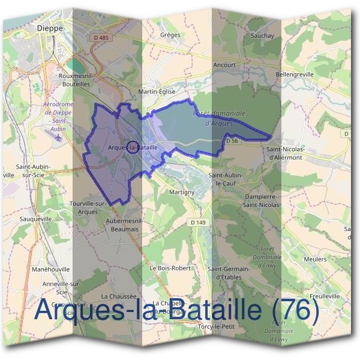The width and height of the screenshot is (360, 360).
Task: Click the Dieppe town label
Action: tap(49, 28)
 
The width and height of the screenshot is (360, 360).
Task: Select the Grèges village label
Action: tap(170, 35)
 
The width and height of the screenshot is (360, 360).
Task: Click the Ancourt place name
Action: tap(224, 65)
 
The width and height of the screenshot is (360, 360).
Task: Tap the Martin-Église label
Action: tap(156, 92)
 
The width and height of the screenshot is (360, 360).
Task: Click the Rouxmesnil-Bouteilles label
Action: tap(75, 80)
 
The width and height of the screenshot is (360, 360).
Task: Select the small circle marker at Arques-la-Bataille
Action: tap(133, 146)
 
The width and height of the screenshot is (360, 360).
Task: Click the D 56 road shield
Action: tap(233, 140)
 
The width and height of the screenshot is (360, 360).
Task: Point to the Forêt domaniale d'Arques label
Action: tap(220, 117)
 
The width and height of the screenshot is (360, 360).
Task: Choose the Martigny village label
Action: tap(181, 192)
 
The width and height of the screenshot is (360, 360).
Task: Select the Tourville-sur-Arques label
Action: tap(88, 208)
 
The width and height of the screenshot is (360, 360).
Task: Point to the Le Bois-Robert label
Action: tap(169, 268)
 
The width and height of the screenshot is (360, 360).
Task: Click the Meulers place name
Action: tap(316, 259)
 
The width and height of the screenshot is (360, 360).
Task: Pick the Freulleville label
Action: tap(325, 296)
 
